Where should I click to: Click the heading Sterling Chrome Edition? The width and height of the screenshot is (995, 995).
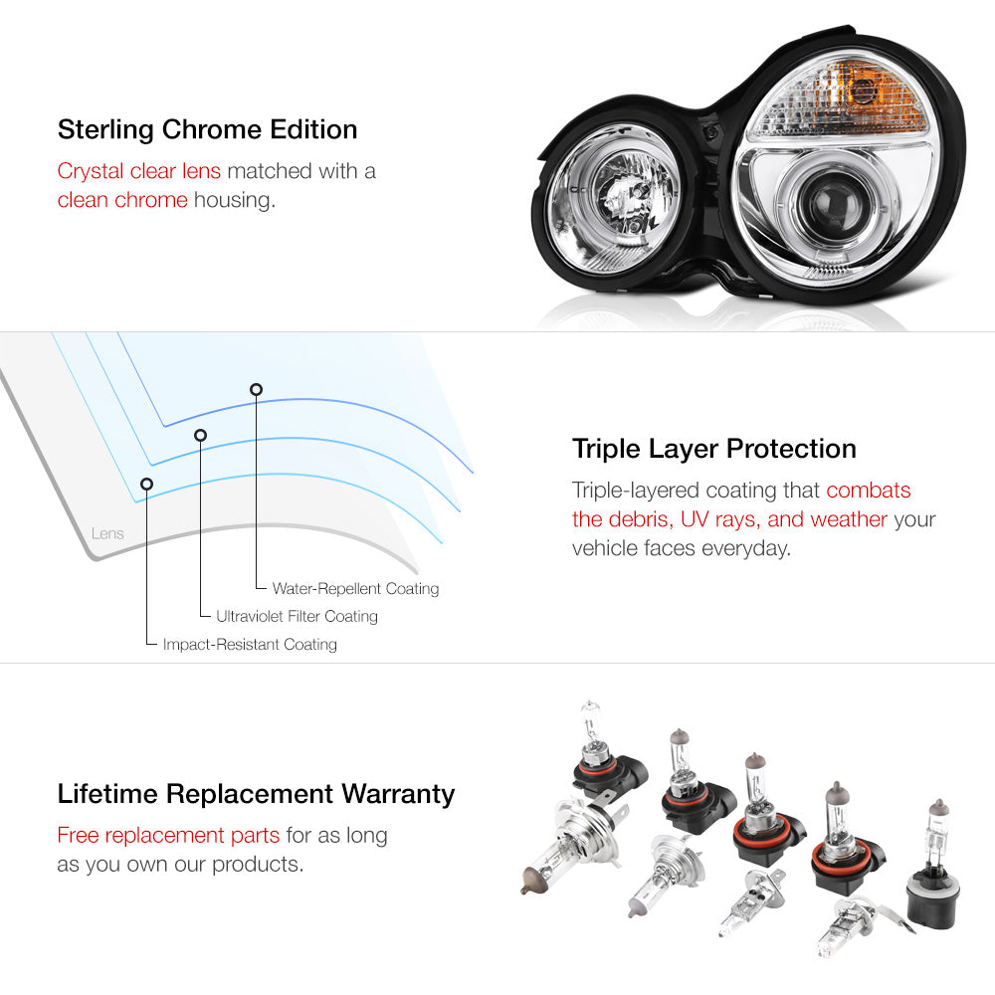pyautogui.click(x=208, y=129)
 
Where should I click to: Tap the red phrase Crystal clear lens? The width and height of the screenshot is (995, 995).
pyautogui.click(x=139, y=171)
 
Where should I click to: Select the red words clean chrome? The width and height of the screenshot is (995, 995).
pyautogui.click(x=122, y=200)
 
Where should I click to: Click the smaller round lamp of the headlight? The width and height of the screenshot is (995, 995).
pyautogui.click(x=611, y=198)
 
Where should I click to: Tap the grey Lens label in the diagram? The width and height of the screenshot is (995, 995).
pyautogui.click(x=107, y=533)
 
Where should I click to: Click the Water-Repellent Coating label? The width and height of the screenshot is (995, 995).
pyautogui.click(x=355, y=589)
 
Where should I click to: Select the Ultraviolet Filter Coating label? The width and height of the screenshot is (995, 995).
pyautogui.click(x=297, y=616)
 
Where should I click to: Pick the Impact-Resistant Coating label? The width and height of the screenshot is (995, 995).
pyautogui.click(x=250, y=644)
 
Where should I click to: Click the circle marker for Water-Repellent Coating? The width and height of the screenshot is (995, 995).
pyautogui.click(x=256, y=390)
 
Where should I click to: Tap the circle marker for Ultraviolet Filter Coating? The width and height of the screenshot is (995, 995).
pyautogui.click(x=201, y=436)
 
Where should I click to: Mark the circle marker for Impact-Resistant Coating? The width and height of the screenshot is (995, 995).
pyautogui.click(x=146, y=485)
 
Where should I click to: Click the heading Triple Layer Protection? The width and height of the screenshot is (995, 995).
pyautogui.click(x=713, y=449)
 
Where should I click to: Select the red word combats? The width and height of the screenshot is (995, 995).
pyautogui.click(x=868, y=490)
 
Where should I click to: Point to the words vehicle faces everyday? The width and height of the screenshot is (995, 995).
pyautogui.click(x=681, y=547)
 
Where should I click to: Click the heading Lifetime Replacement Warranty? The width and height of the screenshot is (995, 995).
pyautogui.click(x=256, y=794)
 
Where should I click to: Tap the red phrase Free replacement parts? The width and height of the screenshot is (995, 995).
pyautogui.click(x=168, y=835)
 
